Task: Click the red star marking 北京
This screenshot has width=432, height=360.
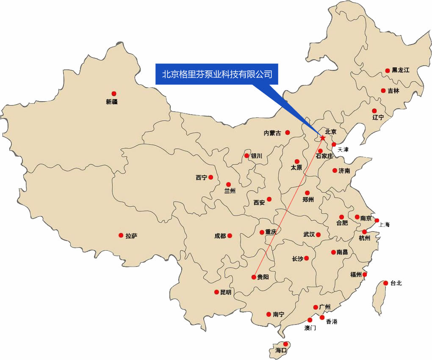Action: coord(323,138)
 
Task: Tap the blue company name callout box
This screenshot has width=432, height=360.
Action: coord(216,74)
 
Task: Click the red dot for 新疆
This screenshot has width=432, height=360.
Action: coord(114,94)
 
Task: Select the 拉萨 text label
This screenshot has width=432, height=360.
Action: coord(131,236)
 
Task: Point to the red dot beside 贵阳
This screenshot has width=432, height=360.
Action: coord(254,277)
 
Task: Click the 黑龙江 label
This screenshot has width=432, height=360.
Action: coord(400,70)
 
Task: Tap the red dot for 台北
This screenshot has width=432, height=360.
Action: coord(386,283)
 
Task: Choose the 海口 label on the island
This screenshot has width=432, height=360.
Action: coord(281,351)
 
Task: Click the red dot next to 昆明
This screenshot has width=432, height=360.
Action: coord(217,292)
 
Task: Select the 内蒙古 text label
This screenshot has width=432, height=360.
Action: coord(272,133)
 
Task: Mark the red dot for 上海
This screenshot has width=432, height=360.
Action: coord(377,220)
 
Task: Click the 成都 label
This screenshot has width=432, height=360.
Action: coord(220,236)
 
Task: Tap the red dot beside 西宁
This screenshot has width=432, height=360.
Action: coord(210,177)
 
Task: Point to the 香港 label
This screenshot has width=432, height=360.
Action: coord(332,322)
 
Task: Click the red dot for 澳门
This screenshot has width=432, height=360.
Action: coord(310,320)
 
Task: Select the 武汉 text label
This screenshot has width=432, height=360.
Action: coord(309,234)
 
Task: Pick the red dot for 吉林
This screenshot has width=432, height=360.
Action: coord(383,91)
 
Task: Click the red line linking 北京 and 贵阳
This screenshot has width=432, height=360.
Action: coord(288,208)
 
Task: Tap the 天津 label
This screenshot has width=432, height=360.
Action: coord(343,150)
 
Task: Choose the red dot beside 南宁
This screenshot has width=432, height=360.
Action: coord(269,314)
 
